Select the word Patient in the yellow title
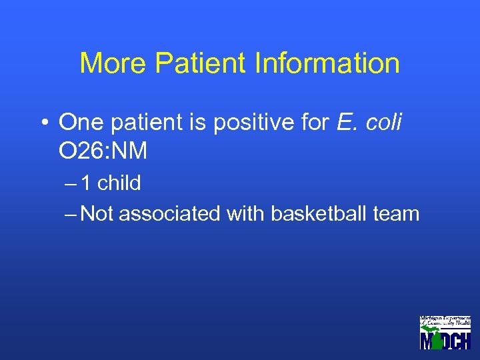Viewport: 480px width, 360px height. pos(199,63)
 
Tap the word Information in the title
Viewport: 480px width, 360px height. pos(327,63)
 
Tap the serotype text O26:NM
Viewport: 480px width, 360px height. pos(103,152)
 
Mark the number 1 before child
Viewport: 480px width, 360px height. pos(87,183)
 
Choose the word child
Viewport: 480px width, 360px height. pos(119,183)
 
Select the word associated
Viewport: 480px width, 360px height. pos(169,214)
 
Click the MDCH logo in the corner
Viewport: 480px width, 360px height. pos(445,332)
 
